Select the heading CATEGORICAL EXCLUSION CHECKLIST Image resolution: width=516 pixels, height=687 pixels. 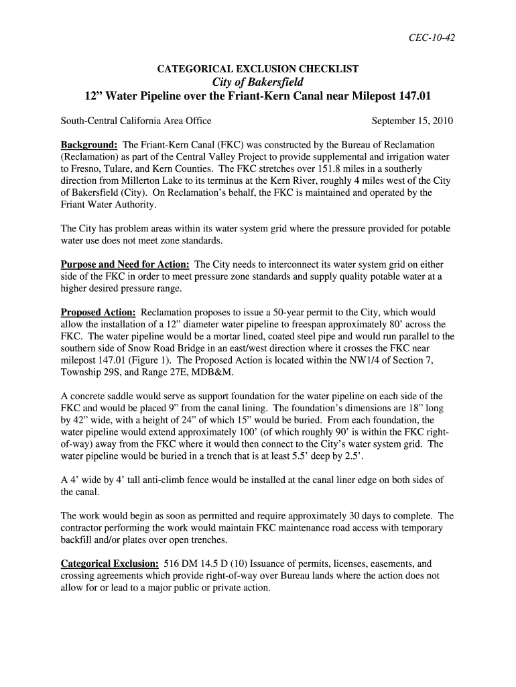pyautogui.click(x=257, y=69)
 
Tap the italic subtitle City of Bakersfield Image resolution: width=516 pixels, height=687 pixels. pyautogui.click(x=257, y=82)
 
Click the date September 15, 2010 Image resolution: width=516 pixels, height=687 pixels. pyautogui.click(x=412, y=121)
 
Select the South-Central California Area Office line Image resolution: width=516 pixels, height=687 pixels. pyautogui.click(x=136, y=121)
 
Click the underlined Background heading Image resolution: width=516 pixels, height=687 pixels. pyautogui.click(x=89, y=145)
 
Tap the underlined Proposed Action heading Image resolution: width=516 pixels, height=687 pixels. pyautogui.click(x=99, y=313)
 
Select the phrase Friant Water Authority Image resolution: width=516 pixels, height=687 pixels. pyautogui.click(x=108, y=205)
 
